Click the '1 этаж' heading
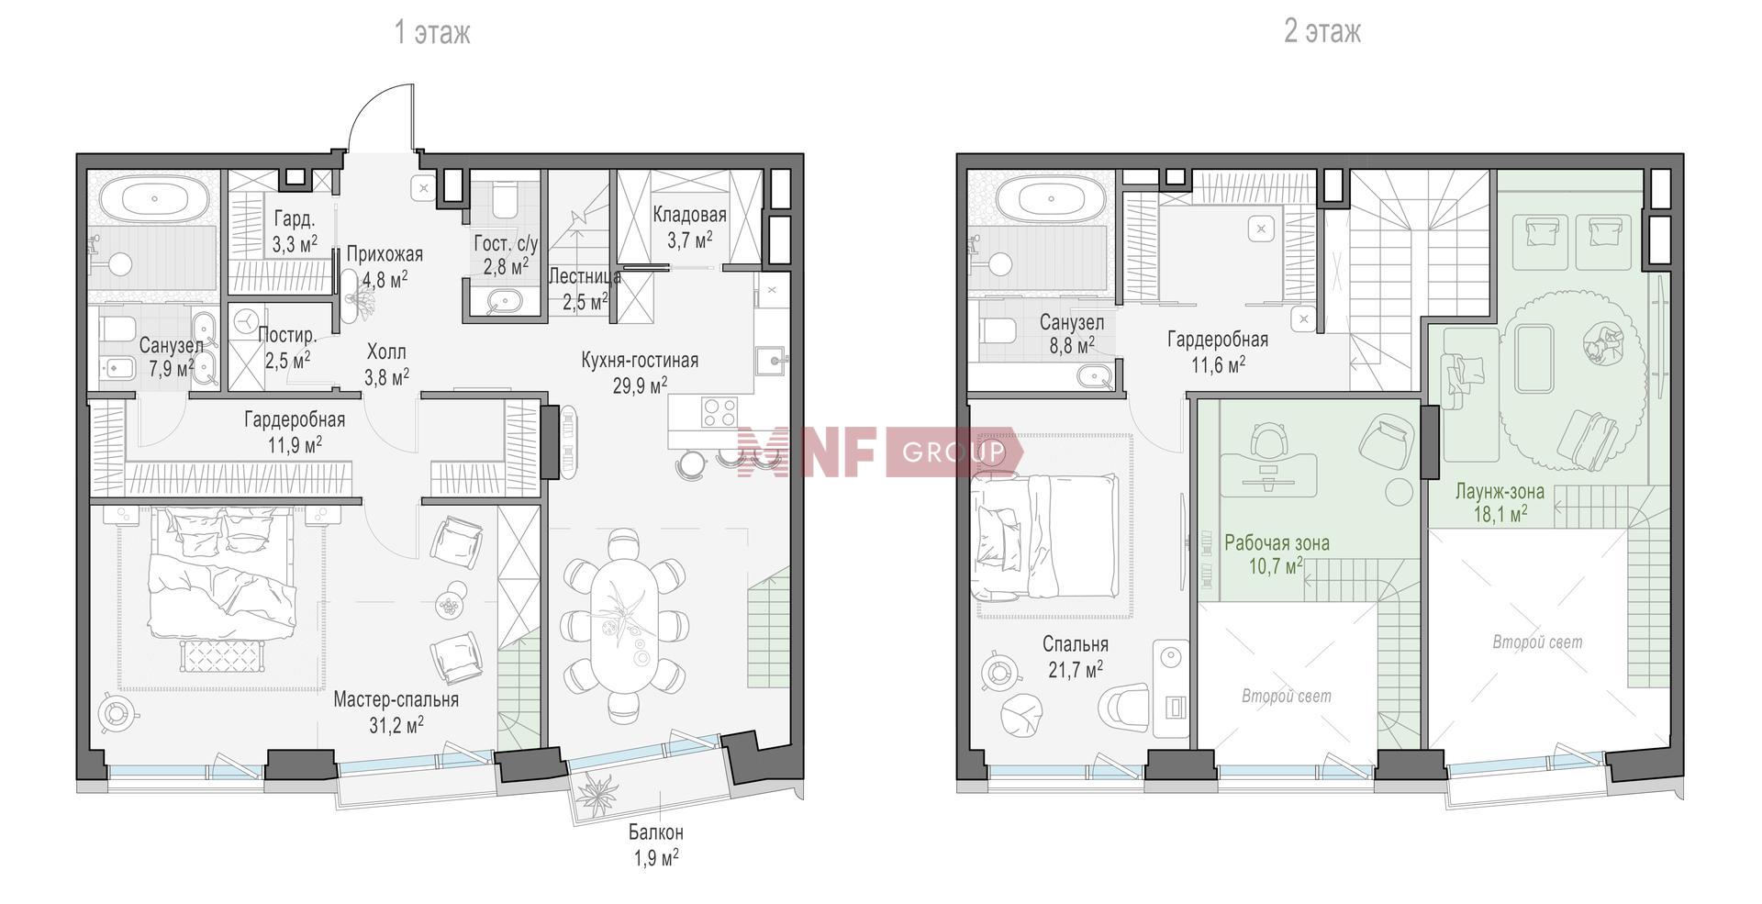[x=431, y=33]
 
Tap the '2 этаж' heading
[x=1322, y=33]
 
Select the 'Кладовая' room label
[x=690, y=215]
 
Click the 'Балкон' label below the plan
[x=655, y=833]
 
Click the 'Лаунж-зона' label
[x=1500, y=491]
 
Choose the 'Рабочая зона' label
[x=1277, y=542]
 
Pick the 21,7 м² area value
[x=1076, y=669]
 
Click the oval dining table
[x=624, y=624]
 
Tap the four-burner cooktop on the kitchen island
[x=721, y=411]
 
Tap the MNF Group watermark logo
[x=879, y=452]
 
